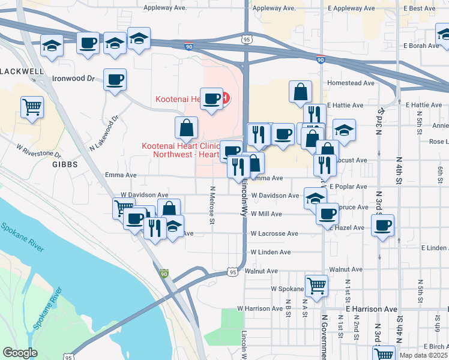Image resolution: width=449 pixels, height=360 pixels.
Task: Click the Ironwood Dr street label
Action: pyautogui.click(x=74, y=78)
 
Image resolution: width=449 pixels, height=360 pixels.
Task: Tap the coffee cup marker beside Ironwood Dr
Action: pyautogui.click(x=115, y=80)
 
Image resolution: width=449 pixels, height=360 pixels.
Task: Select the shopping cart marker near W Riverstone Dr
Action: pyautogui.click(x=32, y=107)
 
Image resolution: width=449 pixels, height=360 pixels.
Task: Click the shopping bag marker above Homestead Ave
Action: pyautogui.click(x=300, y=92)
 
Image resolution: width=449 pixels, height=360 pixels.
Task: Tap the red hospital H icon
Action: pyautogui.click(x=225, y=98)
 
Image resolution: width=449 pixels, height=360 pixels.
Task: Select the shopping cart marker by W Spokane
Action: pyautogui.click(x=316, y=286)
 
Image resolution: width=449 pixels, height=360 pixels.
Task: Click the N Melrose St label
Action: pyautogui.click(x=212, y=205)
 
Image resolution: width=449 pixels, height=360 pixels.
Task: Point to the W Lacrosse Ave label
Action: pyautogui.click(x=274, y=233)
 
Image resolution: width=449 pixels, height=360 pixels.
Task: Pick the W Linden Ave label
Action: pyautogui.click(x=271, y=252)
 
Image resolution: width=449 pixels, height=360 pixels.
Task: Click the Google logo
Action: pyautogui.click(x=20, y=352)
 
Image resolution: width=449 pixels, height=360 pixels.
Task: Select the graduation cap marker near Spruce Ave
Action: pyautogui.click(x=315, y=197)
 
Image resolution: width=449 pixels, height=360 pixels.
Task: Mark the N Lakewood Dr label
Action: pyautogui.click(x=101, y=134)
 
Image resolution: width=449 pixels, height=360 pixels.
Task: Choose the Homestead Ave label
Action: pyautogui.click(x=350, y=83)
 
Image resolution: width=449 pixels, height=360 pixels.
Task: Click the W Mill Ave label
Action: pyautogui.click(x=267, y=214)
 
